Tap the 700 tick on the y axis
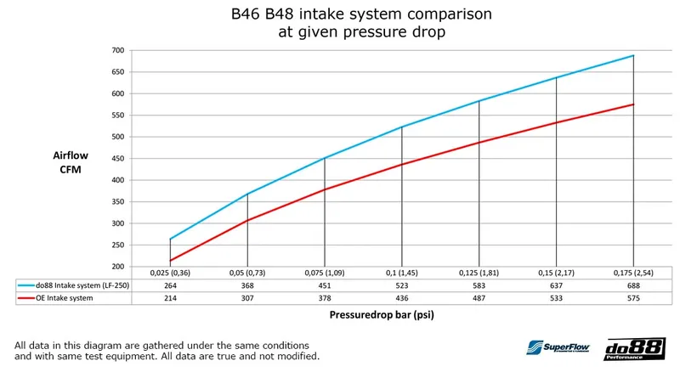tap(118, 51)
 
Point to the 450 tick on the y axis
tap(118, 159)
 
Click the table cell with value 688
tap(633, 285)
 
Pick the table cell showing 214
tap(170, 299)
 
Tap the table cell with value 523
tap(401, 285)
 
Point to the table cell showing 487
tap(479, 299)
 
